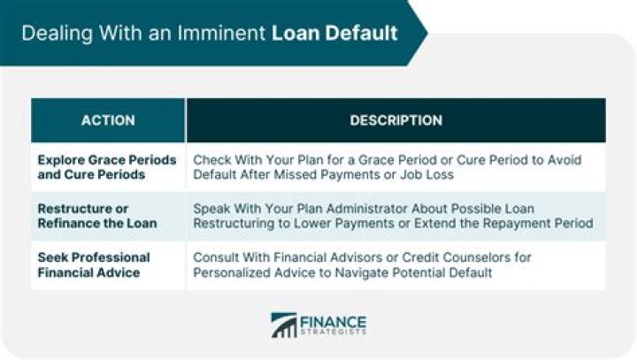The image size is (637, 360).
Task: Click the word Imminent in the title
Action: pyautogui.click(x=221, y=33)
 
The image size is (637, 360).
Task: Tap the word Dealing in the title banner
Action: pyautogui.click(x=57, y=34)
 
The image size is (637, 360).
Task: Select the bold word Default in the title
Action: pyautogui.click(x=361, y=33)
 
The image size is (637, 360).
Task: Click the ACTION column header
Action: pyautogui.click(x=108, y=120)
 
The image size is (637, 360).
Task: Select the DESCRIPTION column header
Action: pyautogui.click(x=396, y=120)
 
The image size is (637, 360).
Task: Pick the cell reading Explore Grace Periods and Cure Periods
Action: pyautogui.click(x=107, y=167)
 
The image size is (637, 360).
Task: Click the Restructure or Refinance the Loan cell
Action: pyautogui.click(x=97, y=216)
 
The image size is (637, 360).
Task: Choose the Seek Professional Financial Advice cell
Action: pyautogui.click(x=94, y=265)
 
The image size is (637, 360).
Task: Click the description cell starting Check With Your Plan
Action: pyautogui.click(x=388, y=167)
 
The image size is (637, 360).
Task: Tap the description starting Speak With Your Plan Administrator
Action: pyautogui.click(x=393, y=216)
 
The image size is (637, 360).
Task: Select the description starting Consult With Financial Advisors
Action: pyautogui.click(x=362, y=265)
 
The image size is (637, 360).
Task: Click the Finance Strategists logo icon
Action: pyautogui.click(x=284, y=325)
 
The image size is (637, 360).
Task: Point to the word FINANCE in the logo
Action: pyautogui.click(x=334, y=322)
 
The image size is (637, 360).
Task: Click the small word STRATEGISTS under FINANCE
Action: pyautogui.click(x=334, y=333)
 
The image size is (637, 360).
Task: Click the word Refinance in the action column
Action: pyautogui.click(x=67, y=224)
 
